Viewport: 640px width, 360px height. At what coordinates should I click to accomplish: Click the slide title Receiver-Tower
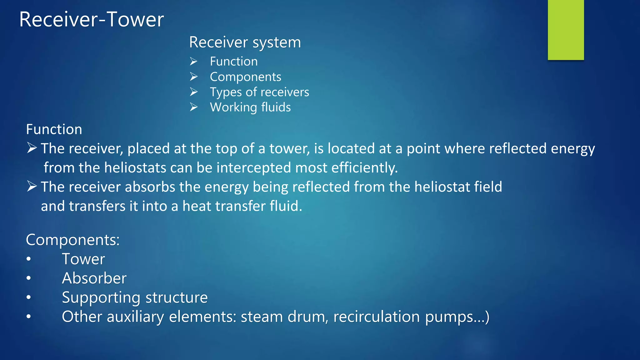click(x=91, y=19)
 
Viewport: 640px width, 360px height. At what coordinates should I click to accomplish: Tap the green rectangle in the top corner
click(x=566, y=30)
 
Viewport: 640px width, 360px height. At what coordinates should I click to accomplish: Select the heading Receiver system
click(x=245, y=42)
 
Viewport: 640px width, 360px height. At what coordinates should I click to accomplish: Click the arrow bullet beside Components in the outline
click(x=194, y=77)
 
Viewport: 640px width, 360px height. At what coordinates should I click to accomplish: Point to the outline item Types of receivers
click(x=259, y=92)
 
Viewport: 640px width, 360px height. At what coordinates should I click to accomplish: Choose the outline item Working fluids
click(x=250, y=107)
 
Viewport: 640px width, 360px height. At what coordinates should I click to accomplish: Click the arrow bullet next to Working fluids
click(x=194, y=107)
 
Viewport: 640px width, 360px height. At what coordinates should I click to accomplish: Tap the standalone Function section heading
click(x=54, y=129)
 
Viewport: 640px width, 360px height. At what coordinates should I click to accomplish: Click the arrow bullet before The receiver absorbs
click(x=32, y=186)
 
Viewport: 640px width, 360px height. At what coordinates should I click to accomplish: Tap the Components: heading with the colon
click(x=72, y=240)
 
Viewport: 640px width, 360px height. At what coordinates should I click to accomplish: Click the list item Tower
click(x=83, y=259)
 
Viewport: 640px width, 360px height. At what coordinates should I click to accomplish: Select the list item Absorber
click(x=94, y=278)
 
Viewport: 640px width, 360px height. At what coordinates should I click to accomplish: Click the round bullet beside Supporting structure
click(x=29, y=297)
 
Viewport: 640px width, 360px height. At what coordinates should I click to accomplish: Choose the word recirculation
click(x=377, y=317)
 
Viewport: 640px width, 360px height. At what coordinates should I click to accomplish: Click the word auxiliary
click(x=135, y=317)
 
